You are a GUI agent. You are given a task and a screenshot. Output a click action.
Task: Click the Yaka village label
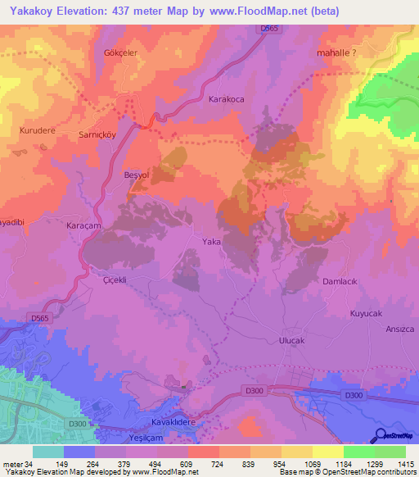point(212,242)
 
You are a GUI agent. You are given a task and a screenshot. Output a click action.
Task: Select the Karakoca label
point(227,98)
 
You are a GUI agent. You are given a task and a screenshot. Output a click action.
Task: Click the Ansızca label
point(400,329)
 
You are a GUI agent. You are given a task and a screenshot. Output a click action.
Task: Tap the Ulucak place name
point(291,340)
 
